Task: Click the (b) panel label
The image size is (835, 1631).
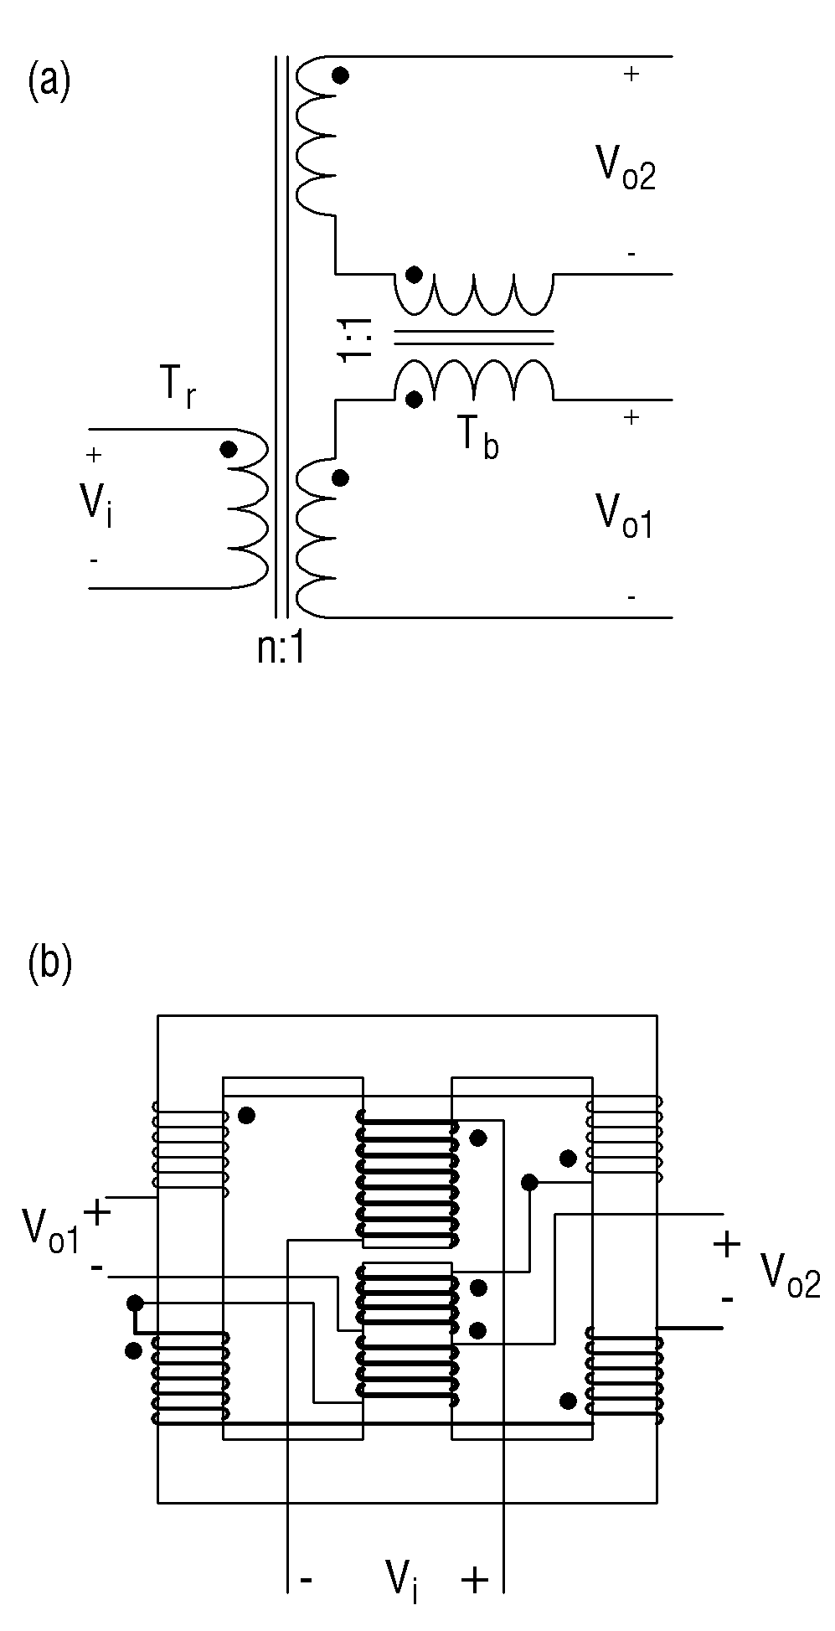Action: [x=49, y=963]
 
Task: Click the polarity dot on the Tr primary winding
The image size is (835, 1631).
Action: [x=228, y=449]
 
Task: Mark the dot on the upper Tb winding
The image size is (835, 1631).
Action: [x=413, y=275]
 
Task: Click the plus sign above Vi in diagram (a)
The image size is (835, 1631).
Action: [x=94, y=455]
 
